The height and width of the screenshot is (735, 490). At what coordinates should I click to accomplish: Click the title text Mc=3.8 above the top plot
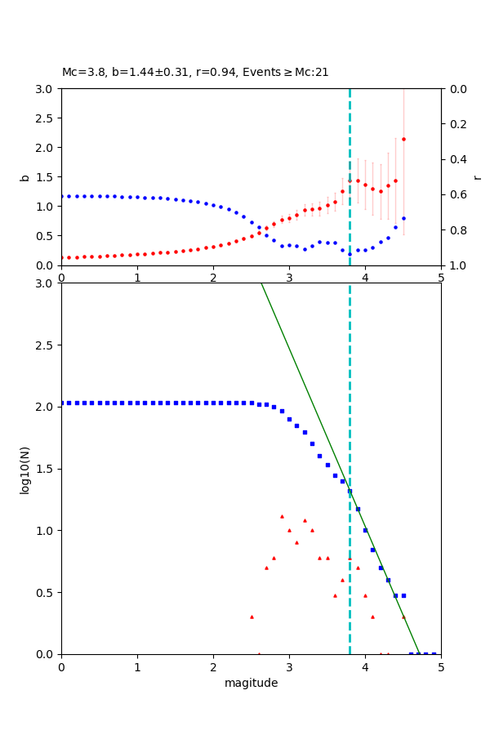[82, 73]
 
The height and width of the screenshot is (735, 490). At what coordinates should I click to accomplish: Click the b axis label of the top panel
[25, 176]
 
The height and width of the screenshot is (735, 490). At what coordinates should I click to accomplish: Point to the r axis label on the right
[477, 176]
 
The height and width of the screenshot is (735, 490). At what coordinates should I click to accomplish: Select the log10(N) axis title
[25, 469]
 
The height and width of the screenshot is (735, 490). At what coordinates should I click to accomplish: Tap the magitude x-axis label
[251, 683]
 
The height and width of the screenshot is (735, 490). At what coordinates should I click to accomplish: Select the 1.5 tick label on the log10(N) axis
[46, 469]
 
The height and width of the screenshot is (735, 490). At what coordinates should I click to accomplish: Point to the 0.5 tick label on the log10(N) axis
[46, 593]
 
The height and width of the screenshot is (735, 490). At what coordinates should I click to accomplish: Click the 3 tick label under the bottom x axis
[289, 667]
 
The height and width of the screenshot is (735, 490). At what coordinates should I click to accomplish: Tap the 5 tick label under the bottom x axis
[441, 667]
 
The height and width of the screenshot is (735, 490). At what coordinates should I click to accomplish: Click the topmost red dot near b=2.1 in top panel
[403, 139]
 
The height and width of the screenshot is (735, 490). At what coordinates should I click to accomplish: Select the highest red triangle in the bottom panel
[282, 516]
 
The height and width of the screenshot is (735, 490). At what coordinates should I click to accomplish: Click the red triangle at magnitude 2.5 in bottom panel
[252, 617]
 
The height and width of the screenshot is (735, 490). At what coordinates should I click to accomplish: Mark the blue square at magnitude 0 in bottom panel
[62, 403]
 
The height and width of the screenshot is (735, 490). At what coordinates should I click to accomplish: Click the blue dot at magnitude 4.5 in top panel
[403, 218]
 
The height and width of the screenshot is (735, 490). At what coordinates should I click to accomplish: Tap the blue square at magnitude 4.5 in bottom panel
[403, 595]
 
